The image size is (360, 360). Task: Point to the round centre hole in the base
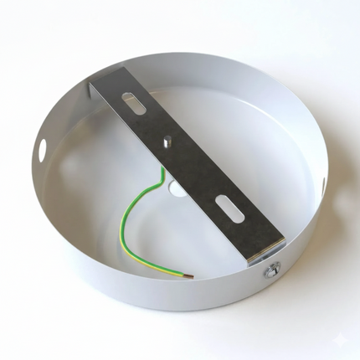coord(177,188)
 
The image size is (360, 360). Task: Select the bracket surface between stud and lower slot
coord(201,177)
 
